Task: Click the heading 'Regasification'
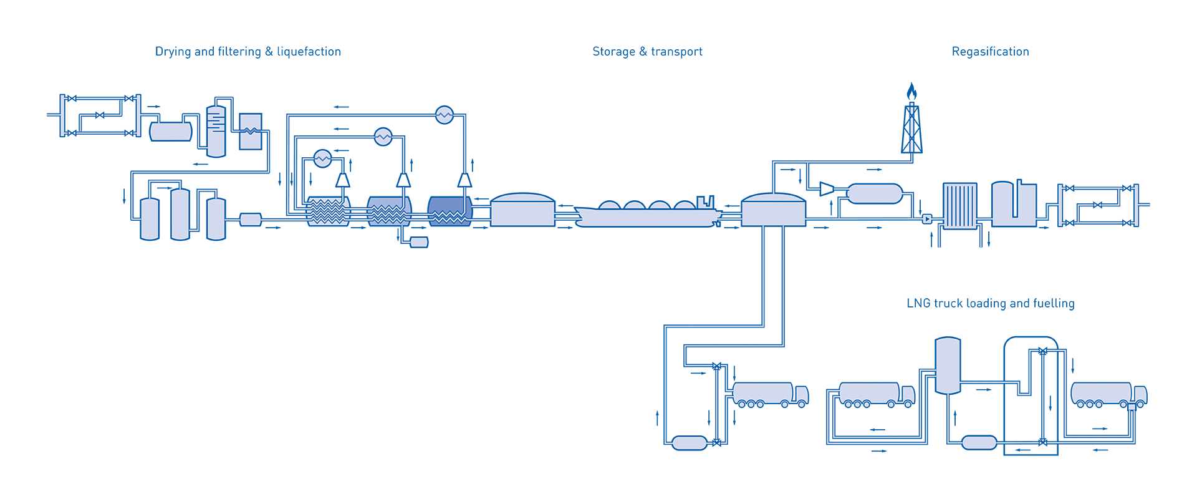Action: coord(990,52)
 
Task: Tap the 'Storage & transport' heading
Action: coord(647,52)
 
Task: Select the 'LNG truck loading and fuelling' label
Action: coord(990,304)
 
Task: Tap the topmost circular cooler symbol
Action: coord(444,115)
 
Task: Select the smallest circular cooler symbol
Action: coord(322,158)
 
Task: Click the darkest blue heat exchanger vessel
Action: coord(449,211)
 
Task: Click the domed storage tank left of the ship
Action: coord(522,210)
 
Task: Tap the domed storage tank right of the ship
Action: coord(773,210)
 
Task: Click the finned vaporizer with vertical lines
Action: coord(959,206)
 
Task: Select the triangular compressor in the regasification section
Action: coord(827,188)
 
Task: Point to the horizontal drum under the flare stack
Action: coord(875,193)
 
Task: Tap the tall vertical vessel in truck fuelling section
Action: coord(948,366)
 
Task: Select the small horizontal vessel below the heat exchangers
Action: coord(418,242)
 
